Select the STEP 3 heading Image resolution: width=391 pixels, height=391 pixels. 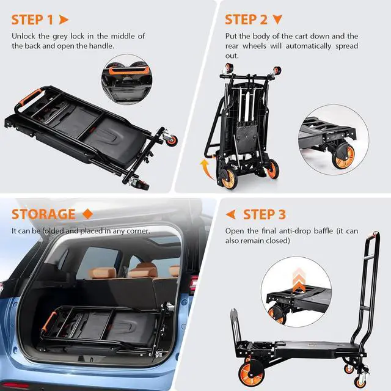(x=264, y=214)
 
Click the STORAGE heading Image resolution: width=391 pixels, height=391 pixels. (x=43, y=214)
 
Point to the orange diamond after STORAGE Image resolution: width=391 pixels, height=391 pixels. (x=87, y=214)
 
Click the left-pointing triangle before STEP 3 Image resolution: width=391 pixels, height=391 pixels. (x=231, y=214)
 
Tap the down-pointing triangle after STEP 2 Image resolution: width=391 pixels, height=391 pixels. (x=278, y=20)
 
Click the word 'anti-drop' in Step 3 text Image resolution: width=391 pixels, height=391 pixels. (x=296, y=231)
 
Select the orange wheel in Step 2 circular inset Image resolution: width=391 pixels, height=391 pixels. (x=343, y=157)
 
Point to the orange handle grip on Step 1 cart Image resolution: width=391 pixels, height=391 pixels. (x=32, y=97)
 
